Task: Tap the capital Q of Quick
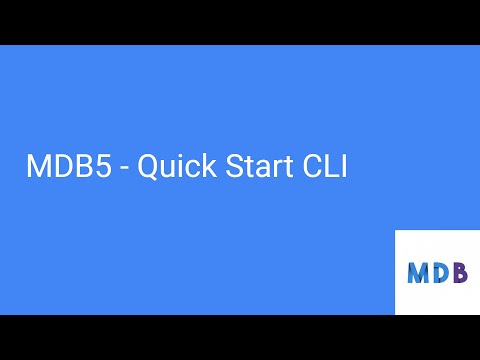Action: (147, 168)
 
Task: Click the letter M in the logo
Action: (418, 272)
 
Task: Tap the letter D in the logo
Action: (440, 272)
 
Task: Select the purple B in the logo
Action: (459, 272)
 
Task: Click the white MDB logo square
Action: (437, 272)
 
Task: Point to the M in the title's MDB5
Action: (37, 168)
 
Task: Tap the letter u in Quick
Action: (165, 170)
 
